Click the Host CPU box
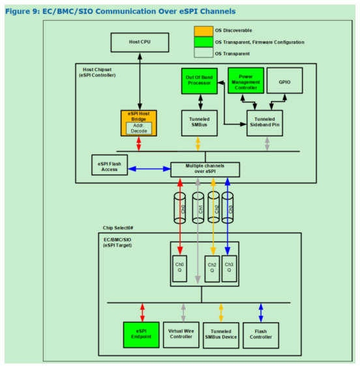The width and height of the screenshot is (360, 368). pyautogui.click(x=140, y=44)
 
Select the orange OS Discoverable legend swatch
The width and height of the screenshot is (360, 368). pyautogui.click(x=203, y=30)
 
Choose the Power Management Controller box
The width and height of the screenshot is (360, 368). pyautogui.click(x=246, y=80)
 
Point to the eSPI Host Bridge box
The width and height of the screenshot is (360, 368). pyautogui.click(x=139, y=123)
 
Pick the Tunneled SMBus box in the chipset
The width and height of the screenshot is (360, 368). pyautogui.click(x=198, y=123)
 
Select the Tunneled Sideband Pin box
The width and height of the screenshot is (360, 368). pyautogui.click(x=265, y=123)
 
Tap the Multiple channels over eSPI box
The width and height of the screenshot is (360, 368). pyautogui.click(x=204, y=169)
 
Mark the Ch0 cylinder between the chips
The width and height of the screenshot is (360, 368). pyautogui.click(x=183, y=207)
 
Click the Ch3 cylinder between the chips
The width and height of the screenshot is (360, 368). pyautogui.click(x=228, y=207)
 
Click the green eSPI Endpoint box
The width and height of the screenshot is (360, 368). pyautogui.click(x=141, y=335)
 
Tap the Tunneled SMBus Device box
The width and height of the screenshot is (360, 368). pyautogui.click(x=222, y=335)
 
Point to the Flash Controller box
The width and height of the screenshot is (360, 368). pyautogui.click(x=262, y=335)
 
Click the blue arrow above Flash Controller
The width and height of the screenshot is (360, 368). pyautogui.click(x=262, y=311)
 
